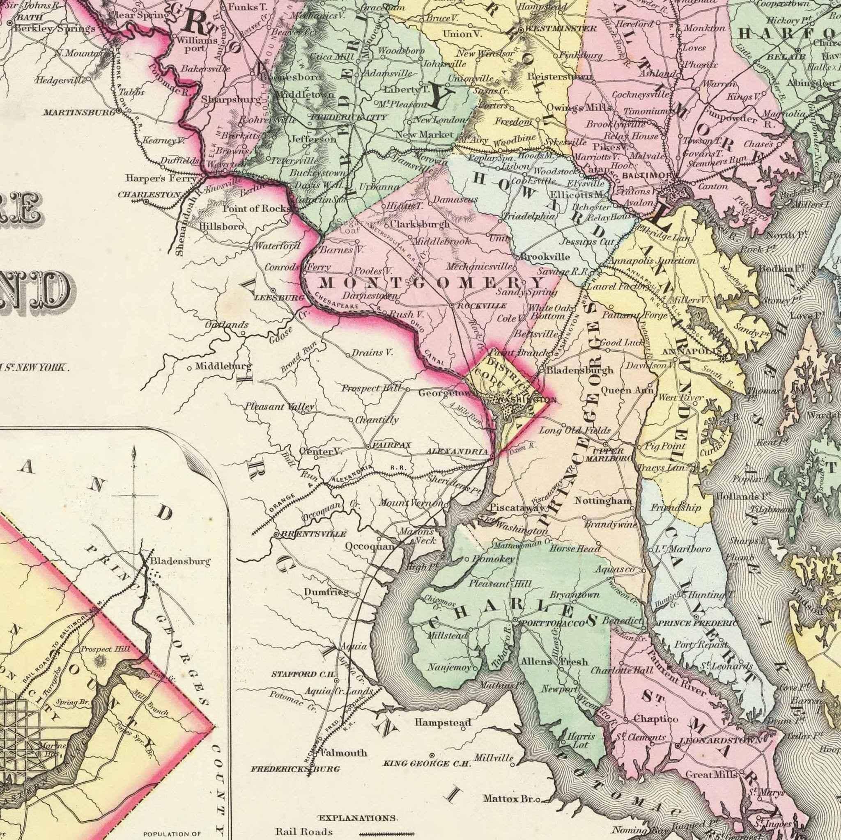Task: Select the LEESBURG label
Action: click(278, 298)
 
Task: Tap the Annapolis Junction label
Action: click(653, 261)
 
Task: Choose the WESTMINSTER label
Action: click(561, 29)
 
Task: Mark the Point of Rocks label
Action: click(255, 208)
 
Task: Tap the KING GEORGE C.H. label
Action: click(427, 763)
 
